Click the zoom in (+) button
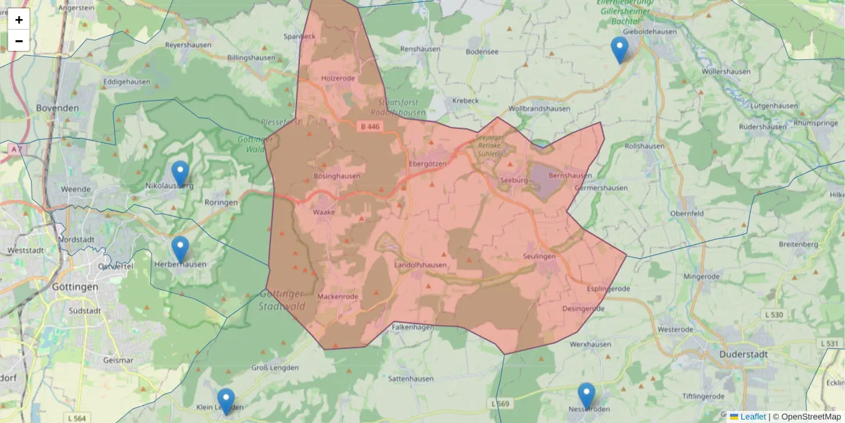click(x=19, y=20)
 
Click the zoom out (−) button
click(x=19, y=41)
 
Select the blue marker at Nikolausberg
click(x=180, y=173)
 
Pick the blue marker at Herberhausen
click(x=180, y=249)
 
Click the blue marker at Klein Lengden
click(x=225, y=401)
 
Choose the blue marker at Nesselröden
click(x=586, y=396)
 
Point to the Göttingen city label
click(x=75, y=287)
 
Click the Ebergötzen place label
click(x=427, y=164)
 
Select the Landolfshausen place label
click(x=420, y=265)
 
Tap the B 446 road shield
click(x=369, y=127)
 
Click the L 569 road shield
click(x=499, y=404)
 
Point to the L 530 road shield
click(x=772, y=314)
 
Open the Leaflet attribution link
click(x=753, y=417)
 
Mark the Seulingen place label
click(x=539, y=257)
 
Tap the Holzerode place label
click(x=338, y=78)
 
